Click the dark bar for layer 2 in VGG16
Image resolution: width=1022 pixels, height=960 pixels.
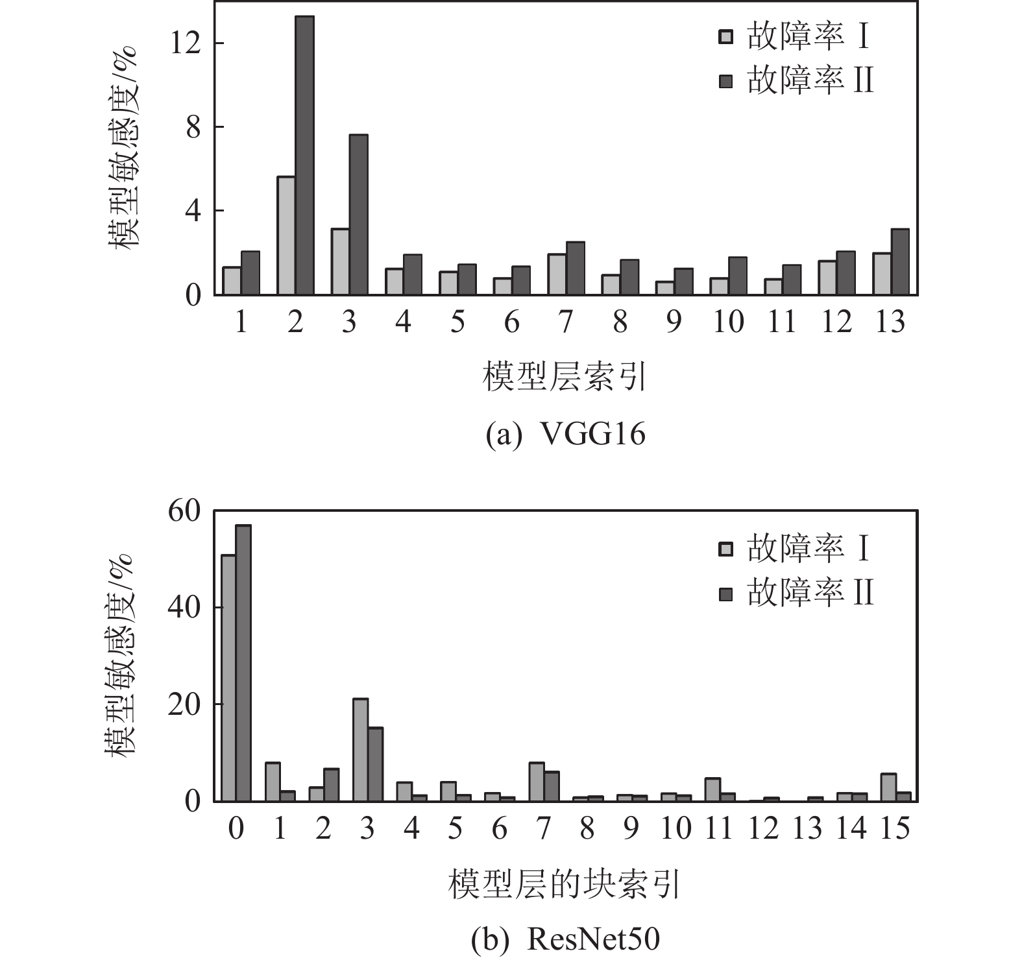pyautogui.click(x=304, y=156)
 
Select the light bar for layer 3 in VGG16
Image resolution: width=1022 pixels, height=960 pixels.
pyautogui.click(x=340, y=262)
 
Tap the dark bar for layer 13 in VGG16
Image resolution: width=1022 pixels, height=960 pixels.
pyautogui.click(x=900, y=262)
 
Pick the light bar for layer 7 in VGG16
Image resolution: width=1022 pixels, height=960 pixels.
pyautogui.click(x=557, y=274)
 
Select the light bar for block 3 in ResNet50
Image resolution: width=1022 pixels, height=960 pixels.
pyautogui.click(x=361, y=750)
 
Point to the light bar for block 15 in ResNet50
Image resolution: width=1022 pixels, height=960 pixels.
pyautogui.click(x=888, y=787)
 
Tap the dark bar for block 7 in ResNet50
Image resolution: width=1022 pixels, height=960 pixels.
pyautogui.click(x=552, y=786)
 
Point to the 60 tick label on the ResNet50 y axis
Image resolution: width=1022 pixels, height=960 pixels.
pyautogui.click(x=185, y=512)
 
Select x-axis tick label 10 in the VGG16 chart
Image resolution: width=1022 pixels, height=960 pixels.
pyautogui.click(x=727, y=322)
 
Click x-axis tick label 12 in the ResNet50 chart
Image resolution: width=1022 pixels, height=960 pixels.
pyautogui.click(x=763, y=828)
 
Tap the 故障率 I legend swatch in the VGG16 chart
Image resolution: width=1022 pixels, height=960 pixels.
pyautogui.click(x=725, y=37)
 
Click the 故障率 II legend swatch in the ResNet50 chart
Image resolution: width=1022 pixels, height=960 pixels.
pyautogui.click(x=725, y=594)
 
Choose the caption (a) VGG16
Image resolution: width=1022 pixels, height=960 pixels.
pyautogui.click(x=566, y=435)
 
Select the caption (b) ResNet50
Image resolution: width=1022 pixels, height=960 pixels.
pyautogui.click(x=566, y=939)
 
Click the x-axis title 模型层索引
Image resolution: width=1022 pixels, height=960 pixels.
pyautogui.click(x=565, y=377)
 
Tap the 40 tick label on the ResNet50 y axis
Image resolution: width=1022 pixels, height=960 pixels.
pyautogui.click(x=185, y=608)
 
